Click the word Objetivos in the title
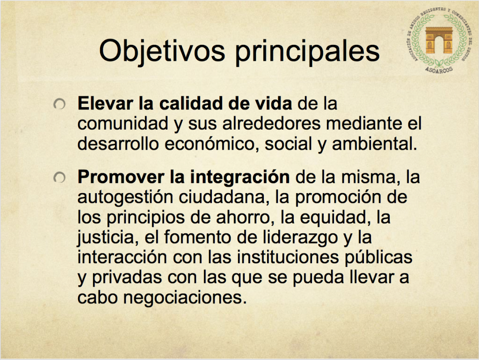pos(162,51)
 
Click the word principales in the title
pos(307,51)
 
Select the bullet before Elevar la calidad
pos(59,104)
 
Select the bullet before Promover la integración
pos(59,177)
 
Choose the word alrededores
pos(271,123)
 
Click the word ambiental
pos(375,144)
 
